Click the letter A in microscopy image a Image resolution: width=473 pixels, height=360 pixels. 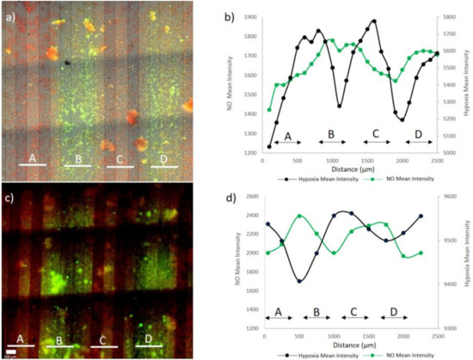tap(32, 158)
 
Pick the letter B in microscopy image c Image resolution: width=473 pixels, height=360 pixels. tap(58, 341)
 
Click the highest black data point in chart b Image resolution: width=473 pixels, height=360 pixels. tap(374, 21)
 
